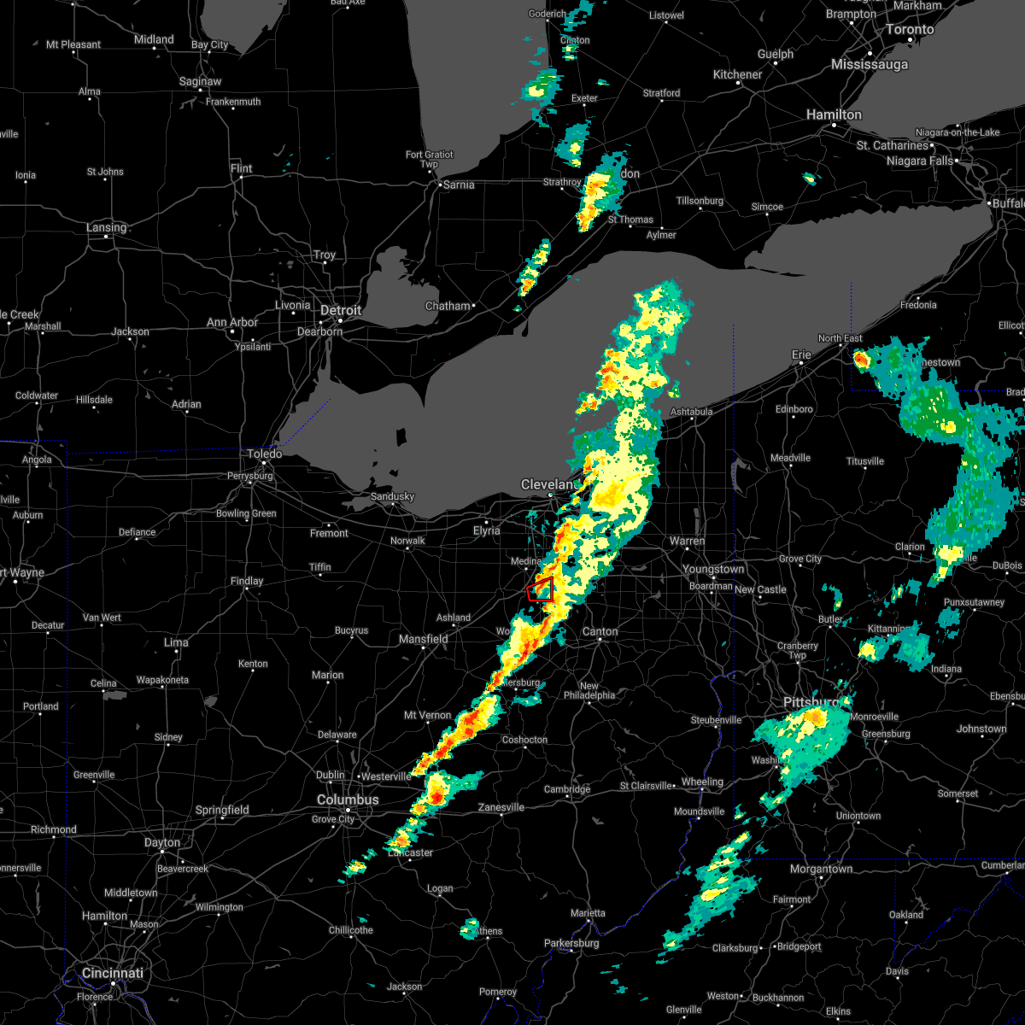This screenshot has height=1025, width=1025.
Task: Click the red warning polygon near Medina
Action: pos(540,589)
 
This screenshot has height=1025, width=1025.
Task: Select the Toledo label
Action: pos(265,454)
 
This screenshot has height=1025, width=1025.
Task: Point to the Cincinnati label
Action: pos(113,973)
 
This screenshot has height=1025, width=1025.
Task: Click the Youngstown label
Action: pos(713,569)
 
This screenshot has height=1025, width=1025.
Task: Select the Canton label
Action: pos(600,631)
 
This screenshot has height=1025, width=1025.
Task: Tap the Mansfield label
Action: pos(424,639)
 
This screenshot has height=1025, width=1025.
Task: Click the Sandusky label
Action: pos(392,496)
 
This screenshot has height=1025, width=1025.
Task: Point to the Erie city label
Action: pos(801,354)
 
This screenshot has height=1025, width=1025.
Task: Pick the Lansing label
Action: pos(107,227)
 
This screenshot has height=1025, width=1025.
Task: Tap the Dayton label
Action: pos(162,842)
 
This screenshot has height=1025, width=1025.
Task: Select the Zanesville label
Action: pos(501,807)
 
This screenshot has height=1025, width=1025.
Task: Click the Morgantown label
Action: pos(822,869)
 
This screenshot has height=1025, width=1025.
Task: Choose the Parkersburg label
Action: pos(572,943)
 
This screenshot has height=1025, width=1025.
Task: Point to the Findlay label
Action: pos(247,581)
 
